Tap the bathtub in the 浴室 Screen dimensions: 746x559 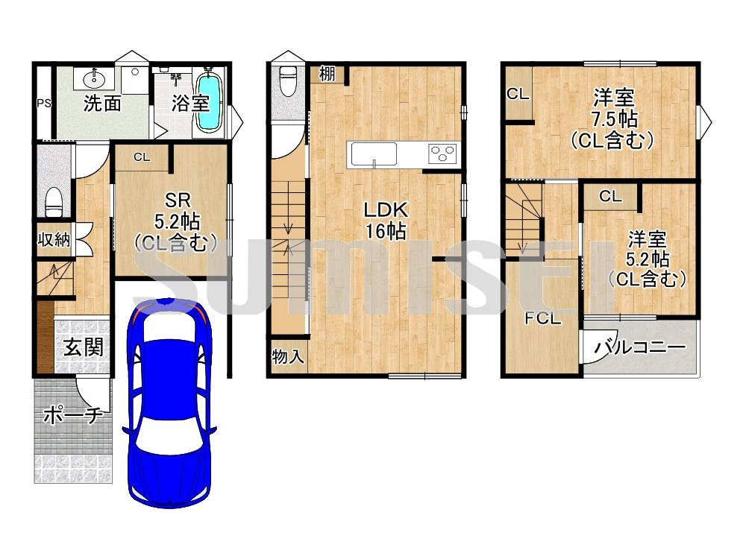coord(209,101)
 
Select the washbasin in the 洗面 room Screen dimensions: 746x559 coord(94,79)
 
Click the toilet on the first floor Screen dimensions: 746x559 coord(53,201)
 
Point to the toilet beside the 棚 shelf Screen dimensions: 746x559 coord(288,81)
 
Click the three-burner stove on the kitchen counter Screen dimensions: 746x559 coord(442,154)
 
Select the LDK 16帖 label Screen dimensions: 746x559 coord(386,220)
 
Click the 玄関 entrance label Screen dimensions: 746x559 coord(84,347)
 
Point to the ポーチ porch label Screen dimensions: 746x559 coord(73,416)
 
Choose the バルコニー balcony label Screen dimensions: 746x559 coord(640,347)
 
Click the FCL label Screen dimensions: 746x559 coord(543,318)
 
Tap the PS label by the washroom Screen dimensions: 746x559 coord(44,103)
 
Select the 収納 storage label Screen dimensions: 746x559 coord(54,239)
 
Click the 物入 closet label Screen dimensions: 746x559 coord(288,356)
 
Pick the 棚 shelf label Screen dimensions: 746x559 coord(327,74)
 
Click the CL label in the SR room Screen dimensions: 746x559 coord(141,157)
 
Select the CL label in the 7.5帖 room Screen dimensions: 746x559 coord(518,94)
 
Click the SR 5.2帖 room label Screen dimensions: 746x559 coord(177,221)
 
